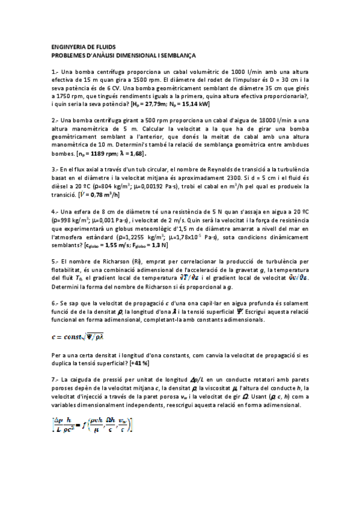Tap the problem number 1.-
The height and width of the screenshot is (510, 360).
tap(56, 72)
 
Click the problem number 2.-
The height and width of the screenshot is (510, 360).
tap(56, 120)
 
